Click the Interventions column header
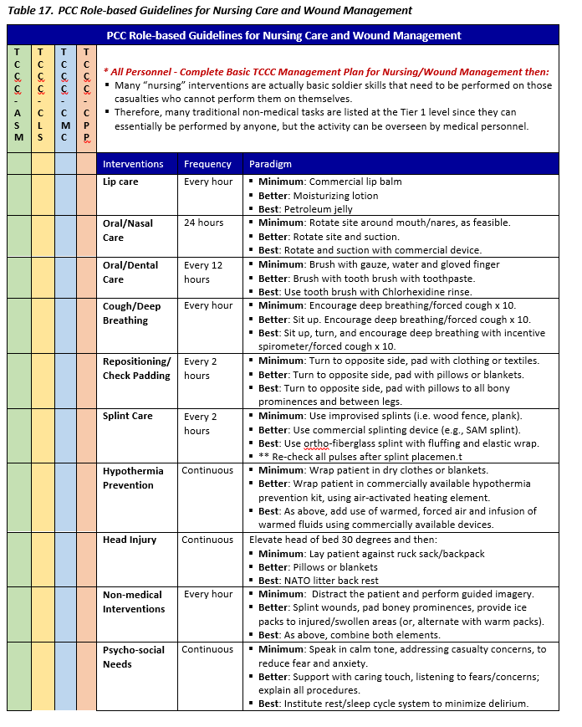tap(133, 164)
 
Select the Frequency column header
tap(208, 164)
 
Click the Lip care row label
tap(120, 182)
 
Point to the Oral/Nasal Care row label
tap(128, 230)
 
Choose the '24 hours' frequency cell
tap(204, 223)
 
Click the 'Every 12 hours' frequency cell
tap(203, 272)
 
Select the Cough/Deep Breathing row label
tap(132, 313)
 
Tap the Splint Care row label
tap(127, 416)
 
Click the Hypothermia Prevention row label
tap(133, 478)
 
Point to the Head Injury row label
tap(130, 540)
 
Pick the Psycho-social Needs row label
tap(135, 657)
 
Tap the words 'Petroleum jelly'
tap(319, 209)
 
